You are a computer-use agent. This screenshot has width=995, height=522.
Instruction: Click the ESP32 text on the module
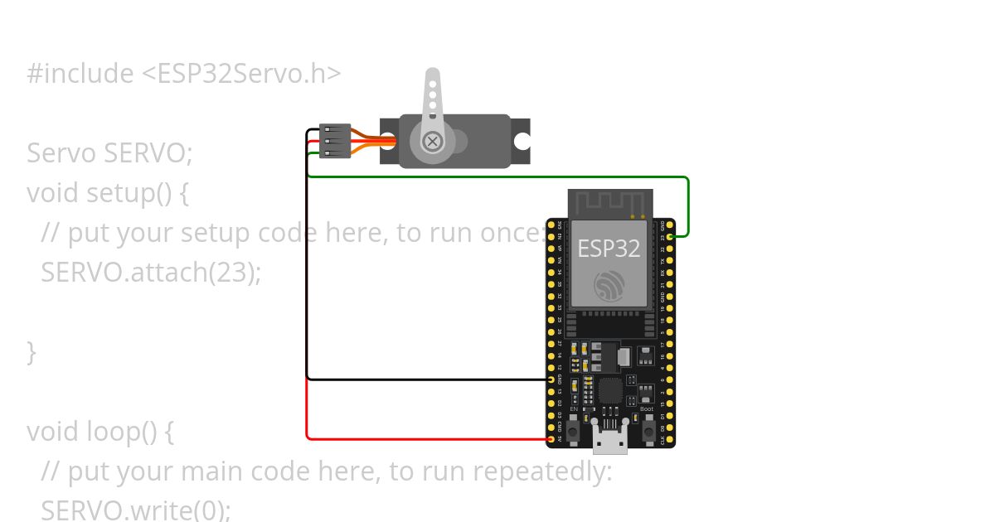pyautogui.click(x=609, y=249)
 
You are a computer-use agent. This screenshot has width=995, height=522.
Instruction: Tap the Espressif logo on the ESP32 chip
pyautogui.click(x=609, y=287)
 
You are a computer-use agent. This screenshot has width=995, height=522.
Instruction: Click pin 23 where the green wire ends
pyautogui.click(x=669, y=237)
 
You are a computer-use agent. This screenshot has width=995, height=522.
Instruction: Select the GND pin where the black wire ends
pyautogui.click(x=551, y=379)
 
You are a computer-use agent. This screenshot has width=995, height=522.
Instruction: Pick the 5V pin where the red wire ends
pyautogui.click(x=551, y=439)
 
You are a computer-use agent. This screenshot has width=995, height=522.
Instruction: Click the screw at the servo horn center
pyautogui.click(x=432, y=141)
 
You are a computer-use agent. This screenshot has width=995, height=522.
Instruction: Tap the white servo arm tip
pyautogui.click(x=433, y=76)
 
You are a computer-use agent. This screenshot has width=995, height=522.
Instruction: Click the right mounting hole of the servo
pyautogui.click(x=522, y=141)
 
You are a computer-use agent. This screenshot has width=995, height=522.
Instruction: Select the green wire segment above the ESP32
pyautogui.click(x=498, y=176)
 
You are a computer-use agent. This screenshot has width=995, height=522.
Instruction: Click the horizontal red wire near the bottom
pyautogui.click(x=423, y=438)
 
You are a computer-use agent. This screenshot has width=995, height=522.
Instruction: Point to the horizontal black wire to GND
pyautogui.click(x=423, y=379)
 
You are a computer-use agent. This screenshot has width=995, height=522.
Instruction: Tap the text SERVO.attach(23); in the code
pyautogui.click(x=151, y=272)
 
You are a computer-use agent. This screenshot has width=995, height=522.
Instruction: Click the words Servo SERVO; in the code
pyautogui.click(x=109, y=153)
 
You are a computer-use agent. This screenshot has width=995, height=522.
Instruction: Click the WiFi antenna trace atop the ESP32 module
pyautogui.click(x=609, y=201)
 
